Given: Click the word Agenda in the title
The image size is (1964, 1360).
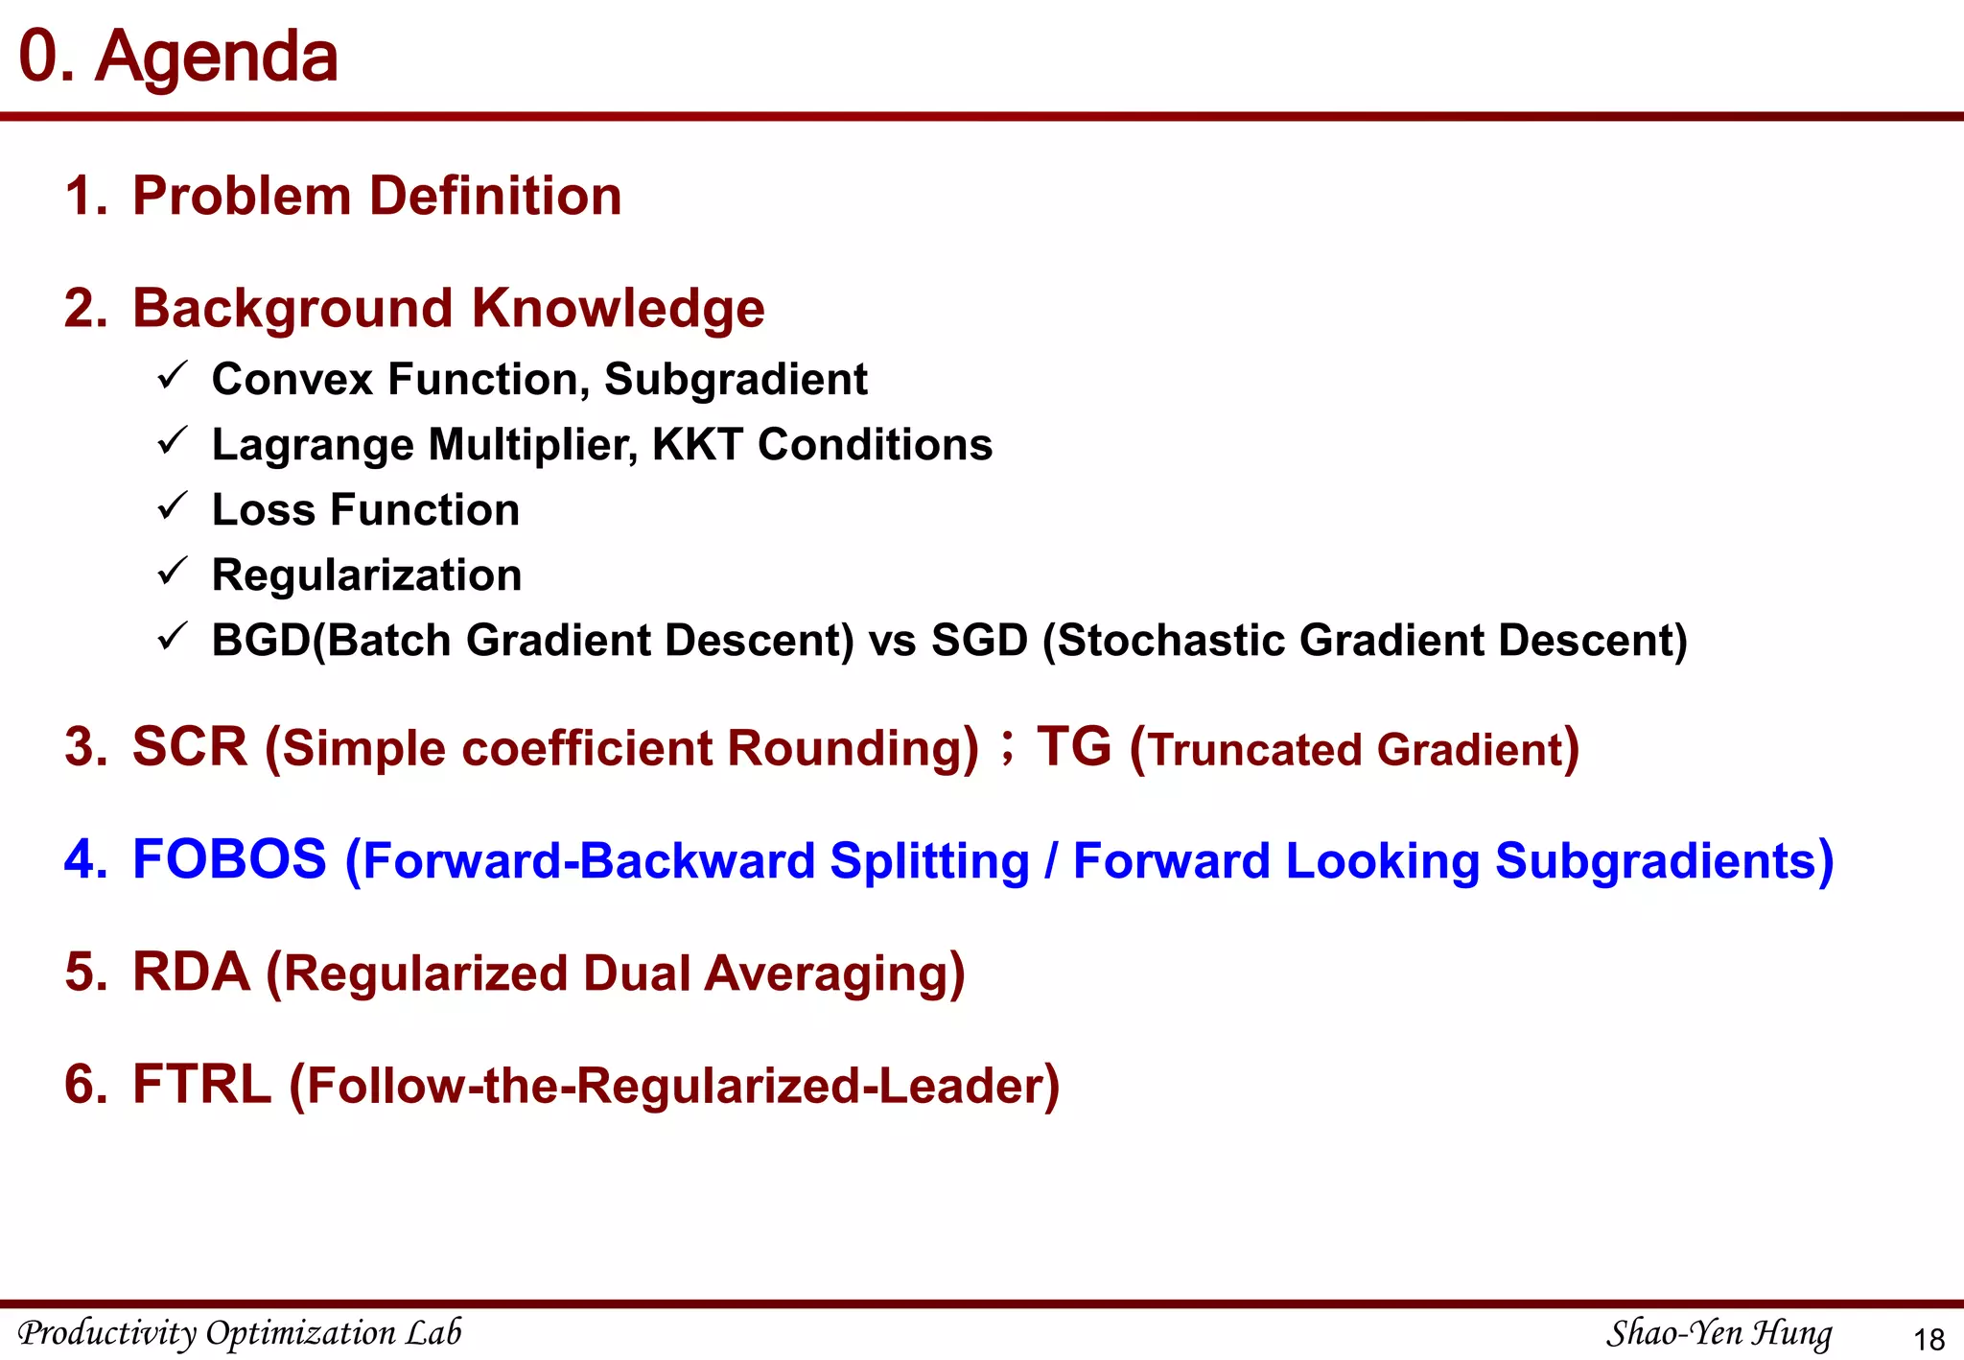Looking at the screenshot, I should click(217, 58).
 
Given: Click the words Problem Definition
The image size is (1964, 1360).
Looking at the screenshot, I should click(377, 197).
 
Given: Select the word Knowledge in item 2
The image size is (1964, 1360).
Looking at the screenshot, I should click(618, 309).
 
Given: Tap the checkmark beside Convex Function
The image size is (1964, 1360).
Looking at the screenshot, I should click(172, 376).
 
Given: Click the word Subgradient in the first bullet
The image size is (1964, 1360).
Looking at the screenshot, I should click(736, 380).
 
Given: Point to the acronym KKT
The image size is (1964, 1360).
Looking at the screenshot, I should click(697, 445).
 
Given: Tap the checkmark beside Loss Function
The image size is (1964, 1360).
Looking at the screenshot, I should click(172, 506).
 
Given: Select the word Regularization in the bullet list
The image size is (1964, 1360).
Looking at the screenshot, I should click(366, 575).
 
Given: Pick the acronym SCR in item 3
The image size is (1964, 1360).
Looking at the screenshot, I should click(190, 747).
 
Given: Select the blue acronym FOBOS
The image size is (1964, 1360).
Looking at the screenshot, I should click(229, 859).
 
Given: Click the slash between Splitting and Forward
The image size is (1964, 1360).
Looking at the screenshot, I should click(1051, 861).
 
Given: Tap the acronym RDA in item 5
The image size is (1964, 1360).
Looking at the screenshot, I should click(191, 973).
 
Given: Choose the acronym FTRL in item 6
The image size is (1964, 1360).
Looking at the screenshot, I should click(201, 1085).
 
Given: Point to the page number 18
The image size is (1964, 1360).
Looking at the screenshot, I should click(1929, 1339).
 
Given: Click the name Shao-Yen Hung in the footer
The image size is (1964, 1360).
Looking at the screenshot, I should click(1718, 1333).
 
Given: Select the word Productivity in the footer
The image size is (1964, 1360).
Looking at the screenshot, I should click(107, 1333).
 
